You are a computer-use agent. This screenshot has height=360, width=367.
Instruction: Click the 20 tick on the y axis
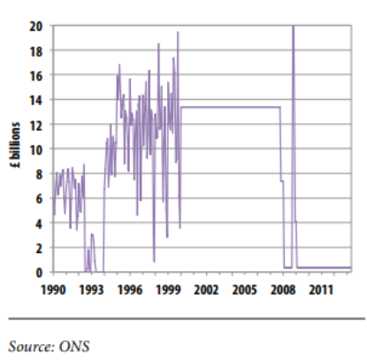tap(38, 26)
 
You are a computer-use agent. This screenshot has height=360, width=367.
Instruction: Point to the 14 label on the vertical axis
tap(38, 100)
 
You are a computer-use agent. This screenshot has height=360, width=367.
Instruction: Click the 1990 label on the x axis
tap(54, 288)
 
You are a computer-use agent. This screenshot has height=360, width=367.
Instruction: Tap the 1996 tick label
tap(130, 288)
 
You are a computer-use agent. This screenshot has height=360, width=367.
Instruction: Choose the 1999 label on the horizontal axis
tap(168, 288)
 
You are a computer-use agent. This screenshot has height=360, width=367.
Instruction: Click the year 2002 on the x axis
tap(206, 288)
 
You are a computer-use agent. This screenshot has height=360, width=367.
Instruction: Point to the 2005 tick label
tap(244, 288)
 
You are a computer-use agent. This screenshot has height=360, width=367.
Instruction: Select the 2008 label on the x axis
tap(282, 288)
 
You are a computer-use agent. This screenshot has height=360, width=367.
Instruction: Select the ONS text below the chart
tap(77, 345)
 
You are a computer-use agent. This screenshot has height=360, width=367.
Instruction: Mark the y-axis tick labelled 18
tap(38, 50)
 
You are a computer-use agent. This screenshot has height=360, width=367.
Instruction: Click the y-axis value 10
tap(38, 149)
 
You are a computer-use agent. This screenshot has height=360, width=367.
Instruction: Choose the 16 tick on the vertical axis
tap(38, 75)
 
